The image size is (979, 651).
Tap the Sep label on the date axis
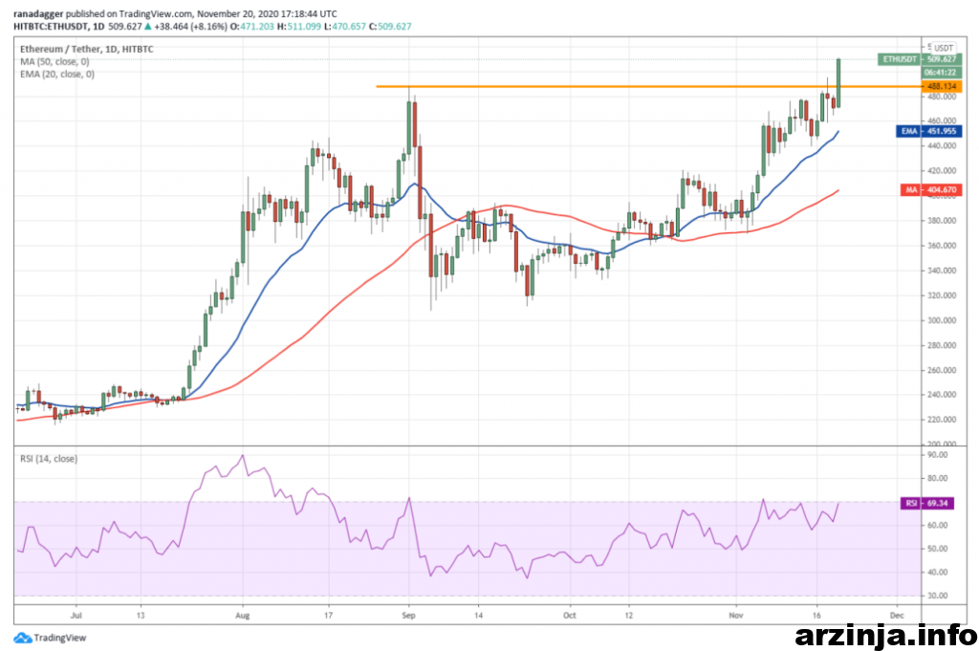coord(408,618)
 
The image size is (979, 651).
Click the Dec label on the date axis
coord(895,618)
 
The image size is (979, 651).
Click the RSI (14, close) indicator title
coord(49,459)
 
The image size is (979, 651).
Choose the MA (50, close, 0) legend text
coord(56,61)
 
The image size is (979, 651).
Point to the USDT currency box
coord(943,47)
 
